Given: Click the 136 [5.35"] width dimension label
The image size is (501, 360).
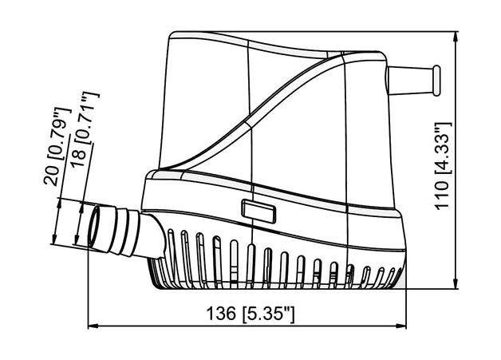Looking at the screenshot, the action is [x=250, y=314].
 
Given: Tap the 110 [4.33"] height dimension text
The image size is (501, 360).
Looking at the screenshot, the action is [x=444, y=165].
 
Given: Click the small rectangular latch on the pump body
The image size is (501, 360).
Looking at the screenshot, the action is [x=258, y=212].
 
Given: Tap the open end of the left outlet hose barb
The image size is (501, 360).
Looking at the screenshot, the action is [x=95, y=227].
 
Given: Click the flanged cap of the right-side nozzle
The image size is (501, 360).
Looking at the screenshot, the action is [x=436, y=81].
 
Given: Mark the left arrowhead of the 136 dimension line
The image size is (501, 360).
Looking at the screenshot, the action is [x=93, y=326].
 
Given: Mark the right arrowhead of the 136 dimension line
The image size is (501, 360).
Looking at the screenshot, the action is [x=401, y=326].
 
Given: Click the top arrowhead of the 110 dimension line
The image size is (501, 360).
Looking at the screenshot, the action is [x=456, y=36].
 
